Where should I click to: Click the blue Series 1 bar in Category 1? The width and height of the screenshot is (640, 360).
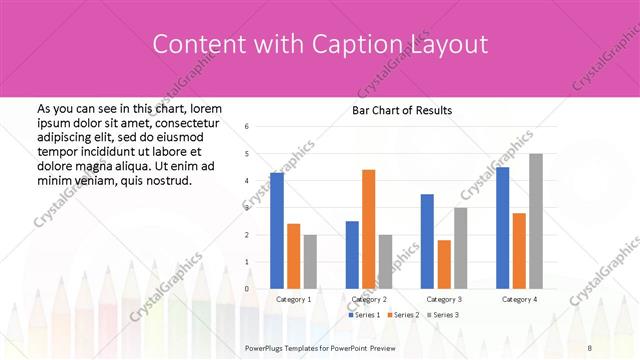click(x=277, y=230)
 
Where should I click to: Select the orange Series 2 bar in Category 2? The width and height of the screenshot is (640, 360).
click(x=368, y=229)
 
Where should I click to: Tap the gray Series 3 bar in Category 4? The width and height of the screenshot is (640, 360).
click(x=536, y=221)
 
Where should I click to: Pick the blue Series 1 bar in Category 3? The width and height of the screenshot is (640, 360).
click(x=427, y=241)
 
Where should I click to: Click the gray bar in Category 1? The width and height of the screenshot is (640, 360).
click(x=310, y=261)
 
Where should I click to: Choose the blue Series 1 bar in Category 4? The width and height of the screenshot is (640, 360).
click(x=502, y=228)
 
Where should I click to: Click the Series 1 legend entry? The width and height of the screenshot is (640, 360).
click(x=364, y=315)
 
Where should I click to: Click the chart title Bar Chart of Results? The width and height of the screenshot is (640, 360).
click(x=402, y=110)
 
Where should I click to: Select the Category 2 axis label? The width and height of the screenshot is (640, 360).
click(x=369, y=299)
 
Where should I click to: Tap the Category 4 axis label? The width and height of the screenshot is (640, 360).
click(x=519, y=299)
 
